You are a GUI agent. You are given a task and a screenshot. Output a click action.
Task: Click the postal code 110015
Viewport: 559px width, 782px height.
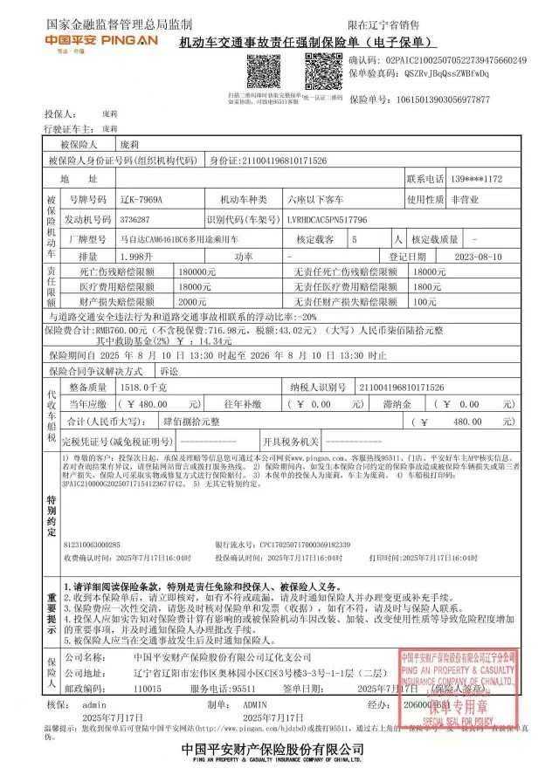tap(148, 689)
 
